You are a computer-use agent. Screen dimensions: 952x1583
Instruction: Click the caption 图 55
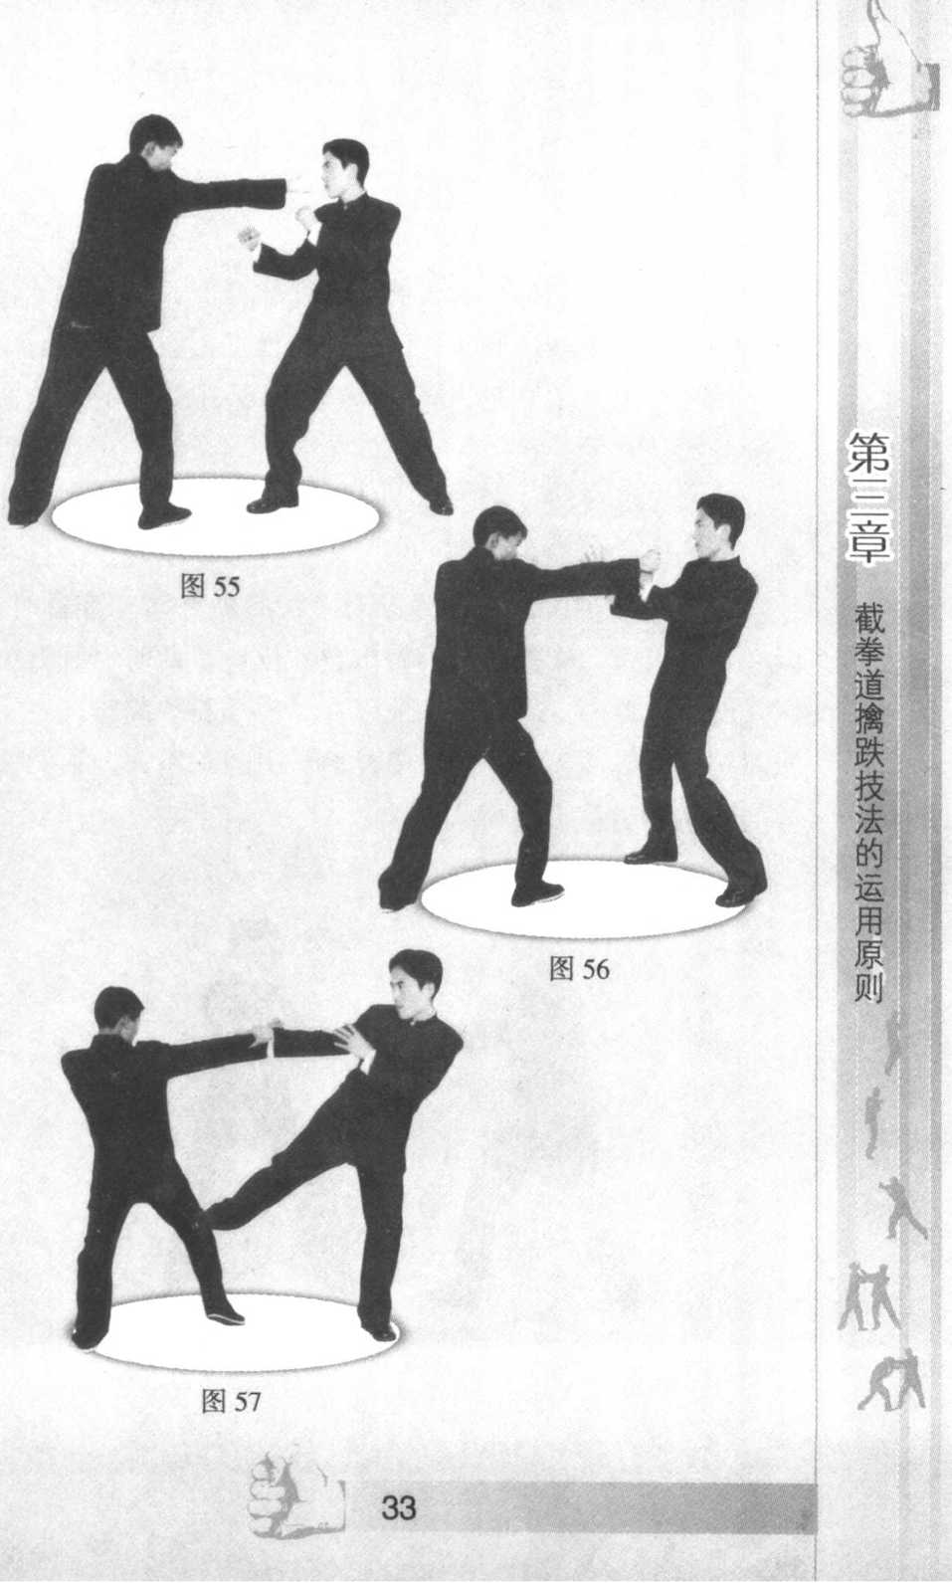point(211,586)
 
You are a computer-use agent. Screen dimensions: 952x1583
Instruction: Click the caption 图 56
point(579,969)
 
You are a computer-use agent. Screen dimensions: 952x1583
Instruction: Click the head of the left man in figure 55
point(154,142)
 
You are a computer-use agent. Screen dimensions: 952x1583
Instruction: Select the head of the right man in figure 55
point(345,169)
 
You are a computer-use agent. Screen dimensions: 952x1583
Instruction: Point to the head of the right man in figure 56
point(719,525)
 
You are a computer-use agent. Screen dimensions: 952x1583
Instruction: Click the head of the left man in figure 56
point(499,535)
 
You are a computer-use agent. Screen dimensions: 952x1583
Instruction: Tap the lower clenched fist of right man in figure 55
point(250,238)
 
